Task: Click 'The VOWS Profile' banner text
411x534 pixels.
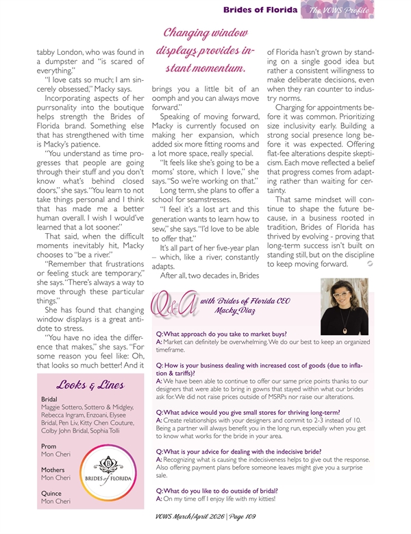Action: [338, 10]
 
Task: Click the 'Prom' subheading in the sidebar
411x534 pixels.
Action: [48, 445]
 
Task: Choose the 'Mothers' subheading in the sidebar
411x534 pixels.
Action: [53, 470]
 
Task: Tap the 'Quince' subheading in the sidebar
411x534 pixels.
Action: [51, 492]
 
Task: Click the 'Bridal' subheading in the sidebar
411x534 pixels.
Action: [49, 398]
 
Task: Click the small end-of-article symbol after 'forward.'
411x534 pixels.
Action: [371, 263]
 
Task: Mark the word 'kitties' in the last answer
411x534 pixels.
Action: [264, 498]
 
